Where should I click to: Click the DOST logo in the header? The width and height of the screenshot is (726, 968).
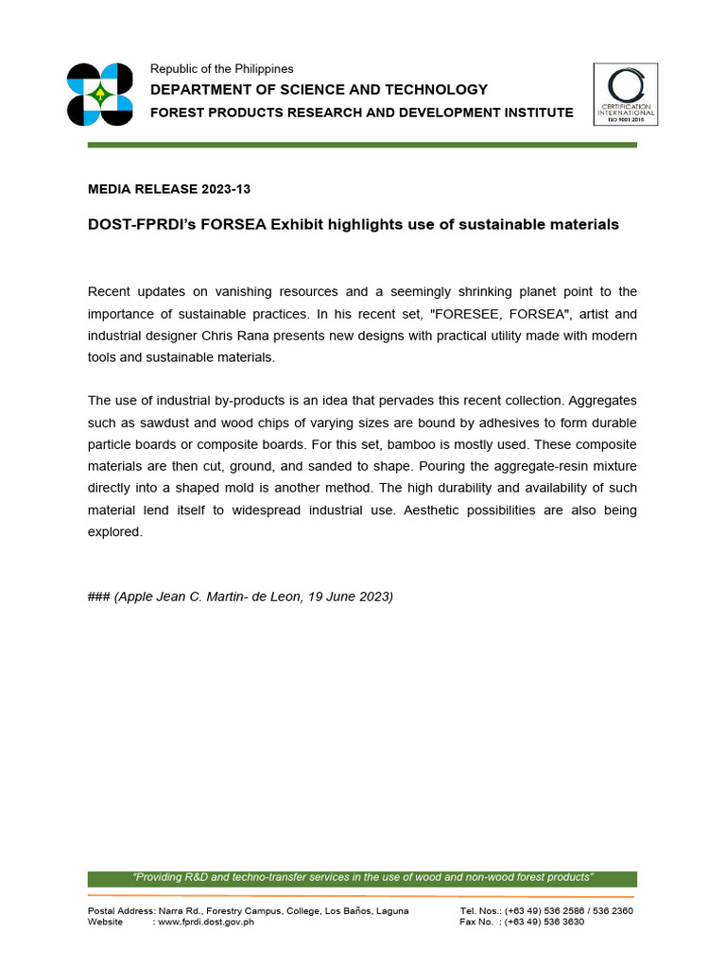pos(99,95)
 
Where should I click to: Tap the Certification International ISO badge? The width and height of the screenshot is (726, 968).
pos(625,95)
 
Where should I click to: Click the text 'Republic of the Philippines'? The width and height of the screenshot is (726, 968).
pos(222,69)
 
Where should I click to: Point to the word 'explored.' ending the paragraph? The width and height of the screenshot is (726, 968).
pos(114,531)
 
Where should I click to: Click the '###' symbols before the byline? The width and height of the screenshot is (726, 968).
pos(98,596)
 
